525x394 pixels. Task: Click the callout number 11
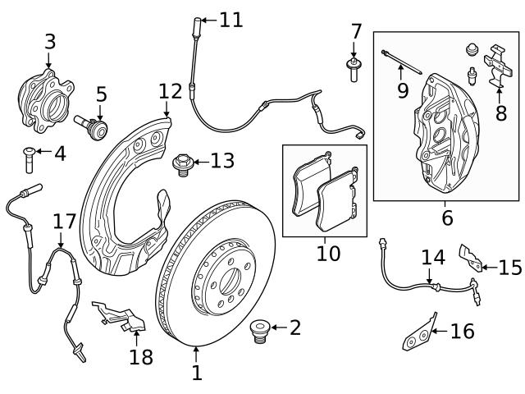(231, 20)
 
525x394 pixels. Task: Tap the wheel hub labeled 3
(45, 101)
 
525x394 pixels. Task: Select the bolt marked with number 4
(30, 160)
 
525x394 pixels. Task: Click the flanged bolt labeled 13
(182, 165)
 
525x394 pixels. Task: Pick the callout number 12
(170, 91)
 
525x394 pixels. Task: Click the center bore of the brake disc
(231, 282)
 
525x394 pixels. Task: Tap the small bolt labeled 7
(354, 71)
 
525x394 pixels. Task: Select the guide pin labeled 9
(401, 62)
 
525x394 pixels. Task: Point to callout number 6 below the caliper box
(447, 218)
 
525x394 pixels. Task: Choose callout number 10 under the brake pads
(328, 254)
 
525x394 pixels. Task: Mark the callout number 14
(433, 257)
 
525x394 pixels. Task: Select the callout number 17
(65, 222)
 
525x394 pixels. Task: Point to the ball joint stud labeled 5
(91, 126)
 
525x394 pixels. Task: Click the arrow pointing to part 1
(196, 355)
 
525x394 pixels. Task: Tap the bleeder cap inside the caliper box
(472, 49)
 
